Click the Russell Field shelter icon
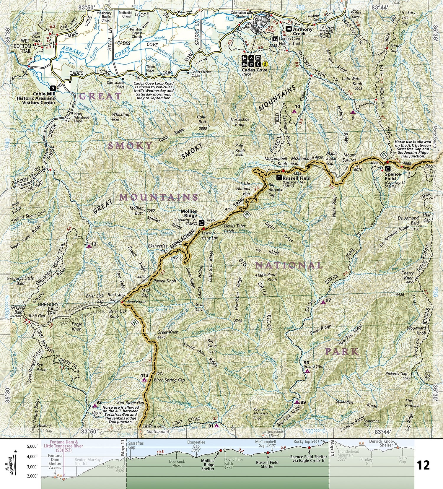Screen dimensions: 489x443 (x=279, y=178)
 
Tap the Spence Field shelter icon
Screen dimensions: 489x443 (x=387, y=169)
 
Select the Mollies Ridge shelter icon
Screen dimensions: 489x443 (x=201, y=222)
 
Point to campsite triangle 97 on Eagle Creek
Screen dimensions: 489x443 (x=323, y=302)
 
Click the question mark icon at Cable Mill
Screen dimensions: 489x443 (x=53, y=88)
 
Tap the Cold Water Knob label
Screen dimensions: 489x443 (x=352, y=81)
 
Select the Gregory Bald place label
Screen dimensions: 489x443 (x=18, y=310)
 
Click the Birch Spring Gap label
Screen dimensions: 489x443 (x=169, y=380)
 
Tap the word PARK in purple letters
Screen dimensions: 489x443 (x=342, y=352)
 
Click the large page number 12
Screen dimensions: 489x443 (x=423, y=465)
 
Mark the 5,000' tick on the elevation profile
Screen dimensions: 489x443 (x=31, y=446)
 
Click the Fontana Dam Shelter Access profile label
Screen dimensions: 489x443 (x=55, y=462)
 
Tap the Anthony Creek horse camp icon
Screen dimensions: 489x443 (x=289, y=29)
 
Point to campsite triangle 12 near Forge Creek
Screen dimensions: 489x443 (x=89, y=246)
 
